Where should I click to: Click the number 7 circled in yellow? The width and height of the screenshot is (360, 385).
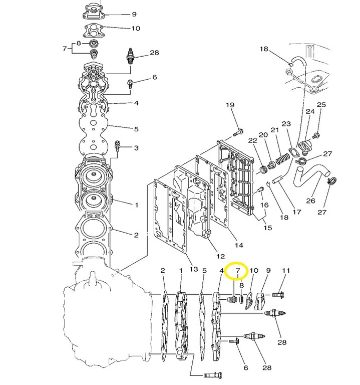(x=237, y=270)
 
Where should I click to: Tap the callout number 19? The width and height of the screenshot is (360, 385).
(x=230, y=105)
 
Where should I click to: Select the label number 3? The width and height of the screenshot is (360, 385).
(x=136, y=148)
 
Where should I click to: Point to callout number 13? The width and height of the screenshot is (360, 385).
(x=193, y=269)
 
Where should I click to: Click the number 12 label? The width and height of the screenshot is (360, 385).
(x=220, y=256)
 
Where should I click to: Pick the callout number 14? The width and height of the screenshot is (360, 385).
(x=239, y=245)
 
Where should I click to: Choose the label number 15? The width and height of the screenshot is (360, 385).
(x=267, y=228)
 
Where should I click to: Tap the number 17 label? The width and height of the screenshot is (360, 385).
(x=297, y=212)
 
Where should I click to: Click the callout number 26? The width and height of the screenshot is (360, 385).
(x=310, y=201)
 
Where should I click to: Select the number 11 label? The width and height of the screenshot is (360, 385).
(x=286, y=270)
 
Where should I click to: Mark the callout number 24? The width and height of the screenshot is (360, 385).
(x=310, y=111)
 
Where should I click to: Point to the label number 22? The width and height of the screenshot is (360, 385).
(x=252, y=140)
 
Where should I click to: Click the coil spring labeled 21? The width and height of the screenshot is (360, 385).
(x=282, y=159)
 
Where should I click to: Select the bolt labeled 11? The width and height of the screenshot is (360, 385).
(x=278, y=294)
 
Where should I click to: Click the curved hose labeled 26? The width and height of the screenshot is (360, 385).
(x=311, y=175)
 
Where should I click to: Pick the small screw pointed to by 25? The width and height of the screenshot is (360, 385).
(x=316, y=134)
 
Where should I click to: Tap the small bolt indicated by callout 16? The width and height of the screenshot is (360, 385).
(x=261, y=189)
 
